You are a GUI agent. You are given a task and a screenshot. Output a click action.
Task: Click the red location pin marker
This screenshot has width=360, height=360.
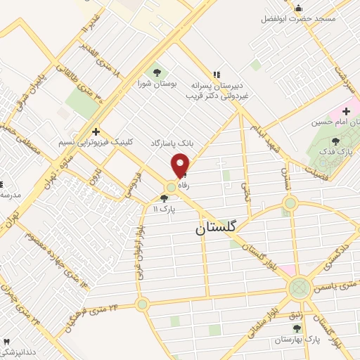tap(181, 165)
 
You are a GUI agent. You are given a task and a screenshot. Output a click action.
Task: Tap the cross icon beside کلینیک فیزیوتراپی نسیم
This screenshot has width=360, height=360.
tap(95, 131)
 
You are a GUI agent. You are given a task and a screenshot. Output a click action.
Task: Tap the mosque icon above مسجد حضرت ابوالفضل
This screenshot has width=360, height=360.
tap(298, 8)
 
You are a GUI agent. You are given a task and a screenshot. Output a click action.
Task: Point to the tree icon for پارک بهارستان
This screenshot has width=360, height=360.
tap(297, 328)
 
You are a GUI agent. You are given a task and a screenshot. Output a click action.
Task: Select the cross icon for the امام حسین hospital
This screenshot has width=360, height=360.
tap(345, 111)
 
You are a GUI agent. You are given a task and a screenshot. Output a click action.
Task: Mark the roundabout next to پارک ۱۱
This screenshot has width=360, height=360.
tap(172, 187)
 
